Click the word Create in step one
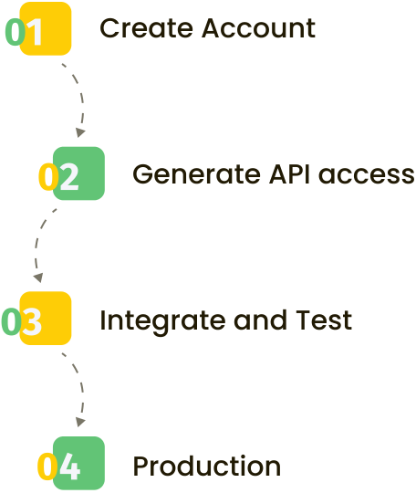pyautogui.click(x=146, y=28)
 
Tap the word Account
pyautogui.click(x=258, y=28)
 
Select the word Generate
pyautogui.click(x=197, y=174)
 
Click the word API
pyautogui.click(x=289, y=173)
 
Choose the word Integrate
pyautogui.click(x=162, y=321)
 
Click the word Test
pyautogui.click(x=324, y=320)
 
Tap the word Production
pyautogui.click(x=207, y=466)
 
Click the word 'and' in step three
pyautogui.click(x=261, y=320)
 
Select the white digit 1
pyautogui.click(x=35, y=32)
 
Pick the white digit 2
pyautogui.click(x=68, y=177)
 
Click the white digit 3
pyautogui.click(x=32, y=321)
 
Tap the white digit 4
pyautogui.click(x=69, y=467)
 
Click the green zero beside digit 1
pyautogui.click(x=16, y=32)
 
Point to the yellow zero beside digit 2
pyautogui.click(x=48, y=177)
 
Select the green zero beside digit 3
pyautogui.click(x=11, y=321)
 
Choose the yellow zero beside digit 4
pyautogui.click(x=47, y=467)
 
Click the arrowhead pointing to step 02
pyautogui.click(x=80, y=132)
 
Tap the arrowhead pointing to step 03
pyautogui.click(x=38, y=278)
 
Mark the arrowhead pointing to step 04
pyautogui.click(x=80, y=422)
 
